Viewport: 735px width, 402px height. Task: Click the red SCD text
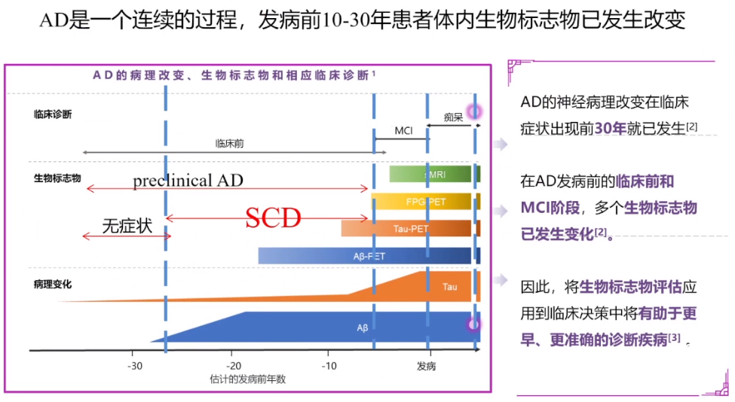click(274, 218)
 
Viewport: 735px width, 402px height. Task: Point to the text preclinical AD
click(188, 181)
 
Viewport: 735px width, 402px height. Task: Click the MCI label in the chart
click(403, 131)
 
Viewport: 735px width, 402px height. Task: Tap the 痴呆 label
click(452, 117)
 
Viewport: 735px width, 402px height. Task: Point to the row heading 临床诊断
click(53, 115)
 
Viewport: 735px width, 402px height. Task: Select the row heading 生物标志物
click(57, 178)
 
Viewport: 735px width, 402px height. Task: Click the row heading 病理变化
click(53, 285)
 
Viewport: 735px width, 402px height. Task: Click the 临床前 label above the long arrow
click(229, 143)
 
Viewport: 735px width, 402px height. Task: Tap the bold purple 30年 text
click(611, 128)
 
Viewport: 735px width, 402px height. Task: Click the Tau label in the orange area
click(449, 287)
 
